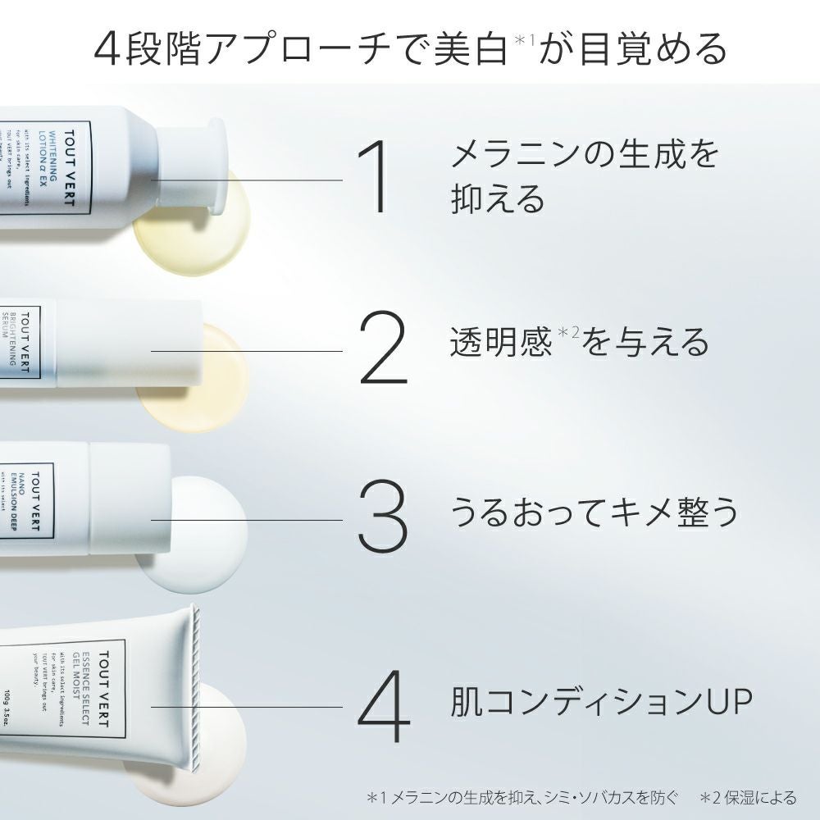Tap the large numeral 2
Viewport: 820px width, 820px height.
pyautogui.click(x=383, y=350)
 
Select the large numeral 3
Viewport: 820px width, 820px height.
pyautogui.click(x=382, y=519)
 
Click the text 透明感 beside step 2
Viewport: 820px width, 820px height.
pyautogui.click(x=500, y=343)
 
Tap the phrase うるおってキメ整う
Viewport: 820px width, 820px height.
pyautogui.click(x=594, y=511)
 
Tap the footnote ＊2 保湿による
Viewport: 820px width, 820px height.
pyautogui.click(x=748, y=796)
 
